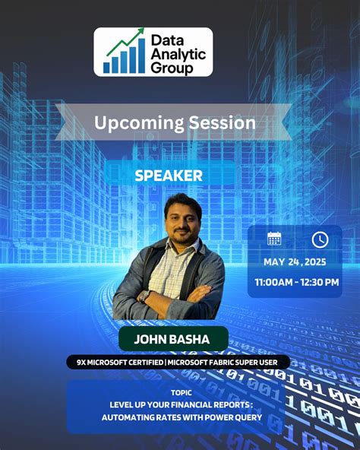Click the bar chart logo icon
[124, 52]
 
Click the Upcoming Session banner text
[174, 123]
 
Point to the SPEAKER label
[169, 175]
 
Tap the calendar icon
[274, 239]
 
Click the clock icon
[320, 239]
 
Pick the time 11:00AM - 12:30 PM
[297, 283]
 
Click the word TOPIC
[182, 392]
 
